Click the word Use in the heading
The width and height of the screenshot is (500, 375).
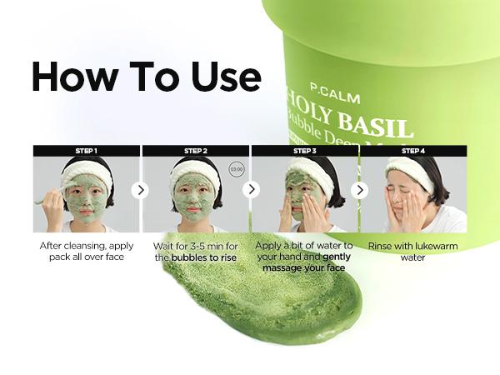(x=222, y=77)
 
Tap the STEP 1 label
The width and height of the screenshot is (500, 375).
(x=87, y=151)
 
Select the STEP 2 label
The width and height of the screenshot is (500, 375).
(x=196, y=151)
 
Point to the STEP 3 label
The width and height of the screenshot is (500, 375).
(x=304, y=151)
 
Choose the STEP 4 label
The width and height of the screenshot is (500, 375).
(x=412, y=151)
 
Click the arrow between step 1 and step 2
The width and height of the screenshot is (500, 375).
(x=141, y=190)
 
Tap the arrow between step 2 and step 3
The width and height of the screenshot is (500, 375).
(x=250, y=190)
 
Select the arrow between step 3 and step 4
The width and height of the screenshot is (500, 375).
(x=359, y=190)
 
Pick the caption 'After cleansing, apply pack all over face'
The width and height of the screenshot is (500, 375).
(x=86, y=251)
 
